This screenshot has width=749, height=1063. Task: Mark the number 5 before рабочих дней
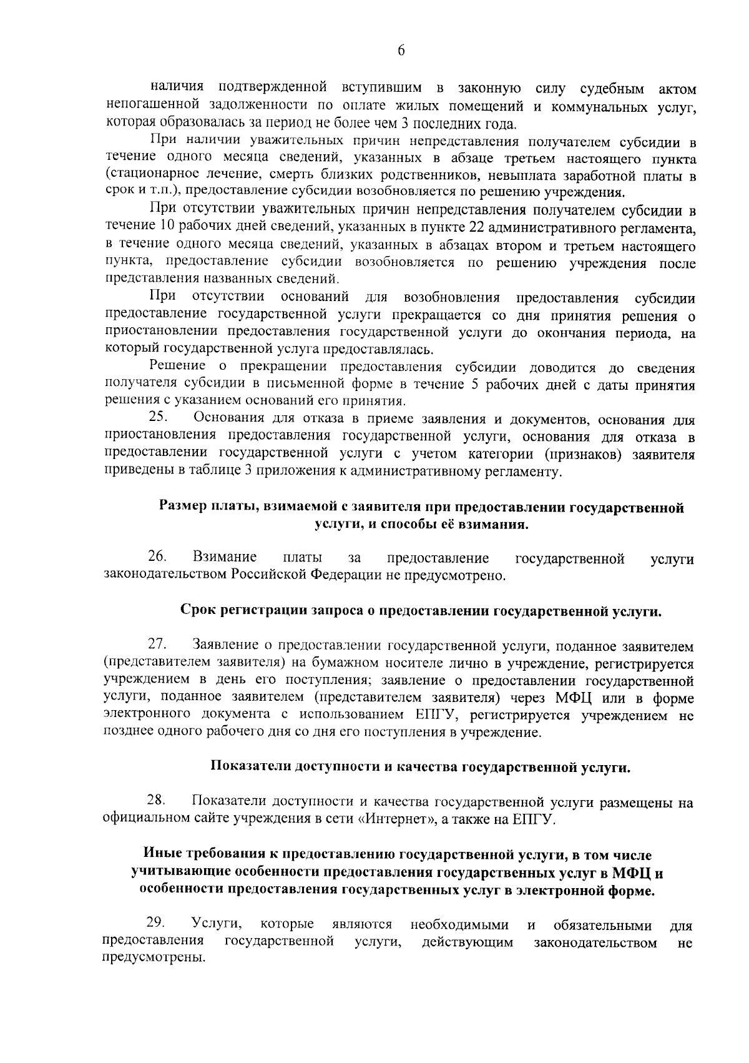pyautogui.click(x=475, y=385)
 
